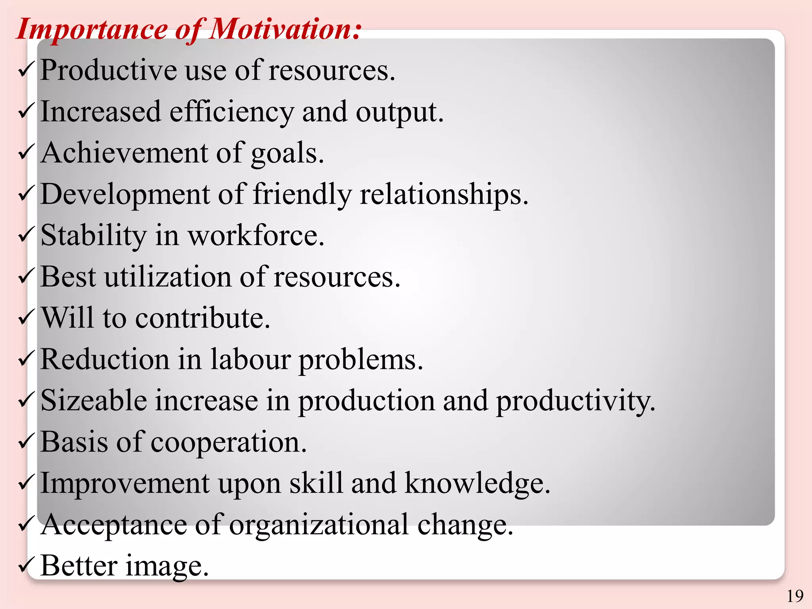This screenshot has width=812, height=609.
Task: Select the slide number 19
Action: [x=795, y=596]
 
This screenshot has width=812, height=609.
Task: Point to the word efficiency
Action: [x=232, y=112]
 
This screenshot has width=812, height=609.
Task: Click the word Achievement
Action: [x=124, y=153]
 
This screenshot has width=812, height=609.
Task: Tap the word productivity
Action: [x=575, y=401]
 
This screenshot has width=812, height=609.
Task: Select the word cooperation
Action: [x=229, y=442]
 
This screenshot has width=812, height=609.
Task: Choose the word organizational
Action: [x=319, y=525]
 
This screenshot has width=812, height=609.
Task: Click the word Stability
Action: [x=94, y=236]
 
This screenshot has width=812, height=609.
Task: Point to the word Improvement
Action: [x=124, y=484]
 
